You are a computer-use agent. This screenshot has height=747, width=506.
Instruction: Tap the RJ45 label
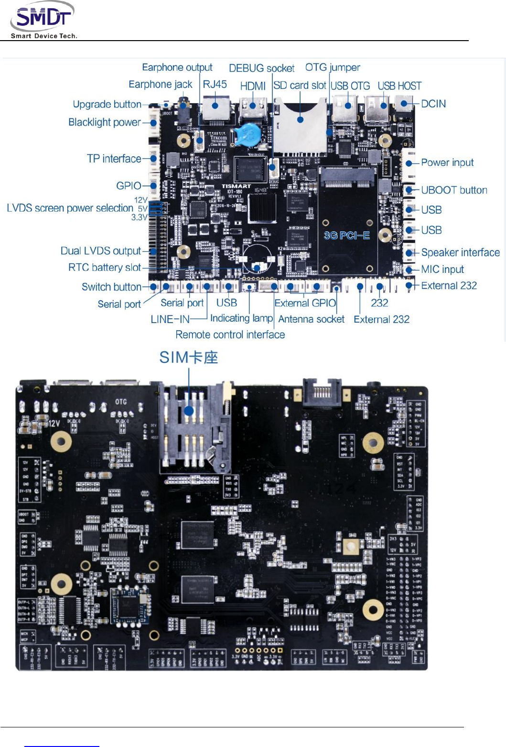click(215, 85)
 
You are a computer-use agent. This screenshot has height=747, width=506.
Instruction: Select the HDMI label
click(253, 86)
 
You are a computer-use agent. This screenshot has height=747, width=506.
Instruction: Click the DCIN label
click(433, 104)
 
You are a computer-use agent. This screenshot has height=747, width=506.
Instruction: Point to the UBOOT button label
click(454, 190)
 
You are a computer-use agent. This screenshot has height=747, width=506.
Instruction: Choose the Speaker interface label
click(460, 252)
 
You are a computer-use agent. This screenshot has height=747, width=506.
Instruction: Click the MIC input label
click(442, 269)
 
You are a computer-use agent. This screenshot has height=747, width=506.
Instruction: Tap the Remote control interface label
click(230, 335)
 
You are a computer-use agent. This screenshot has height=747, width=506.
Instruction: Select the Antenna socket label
click(311, 319)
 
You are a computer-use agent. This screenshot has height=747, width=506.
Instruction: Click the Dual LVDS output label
click(100, 251)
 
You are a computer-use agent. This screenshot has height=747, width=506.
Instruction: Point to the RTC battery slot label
click(104, 267)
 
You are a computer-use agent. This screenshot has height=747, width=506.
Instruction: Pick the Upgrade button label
click(107, 104)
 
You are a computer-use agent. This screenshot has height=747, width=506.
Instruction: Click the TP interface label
click(114, 159)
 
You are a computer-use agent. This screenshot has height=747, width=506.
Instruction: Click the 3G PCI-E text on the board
click(347, 236)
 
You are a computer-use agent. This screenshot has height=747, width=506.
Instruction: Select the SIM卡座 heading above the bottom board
click(188, 357)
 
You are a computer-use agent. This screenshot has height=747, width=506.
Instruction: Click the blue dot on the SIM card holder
click(189, 411)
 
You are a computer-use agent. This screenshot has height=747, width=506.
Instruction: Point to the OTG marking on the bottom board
click(121, 402)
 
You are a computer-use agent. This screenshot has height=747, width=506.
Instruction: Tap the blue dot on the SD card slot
click(300, 119)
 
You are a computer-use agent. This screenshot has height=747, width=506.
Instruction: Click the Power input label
click(447, 162)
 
